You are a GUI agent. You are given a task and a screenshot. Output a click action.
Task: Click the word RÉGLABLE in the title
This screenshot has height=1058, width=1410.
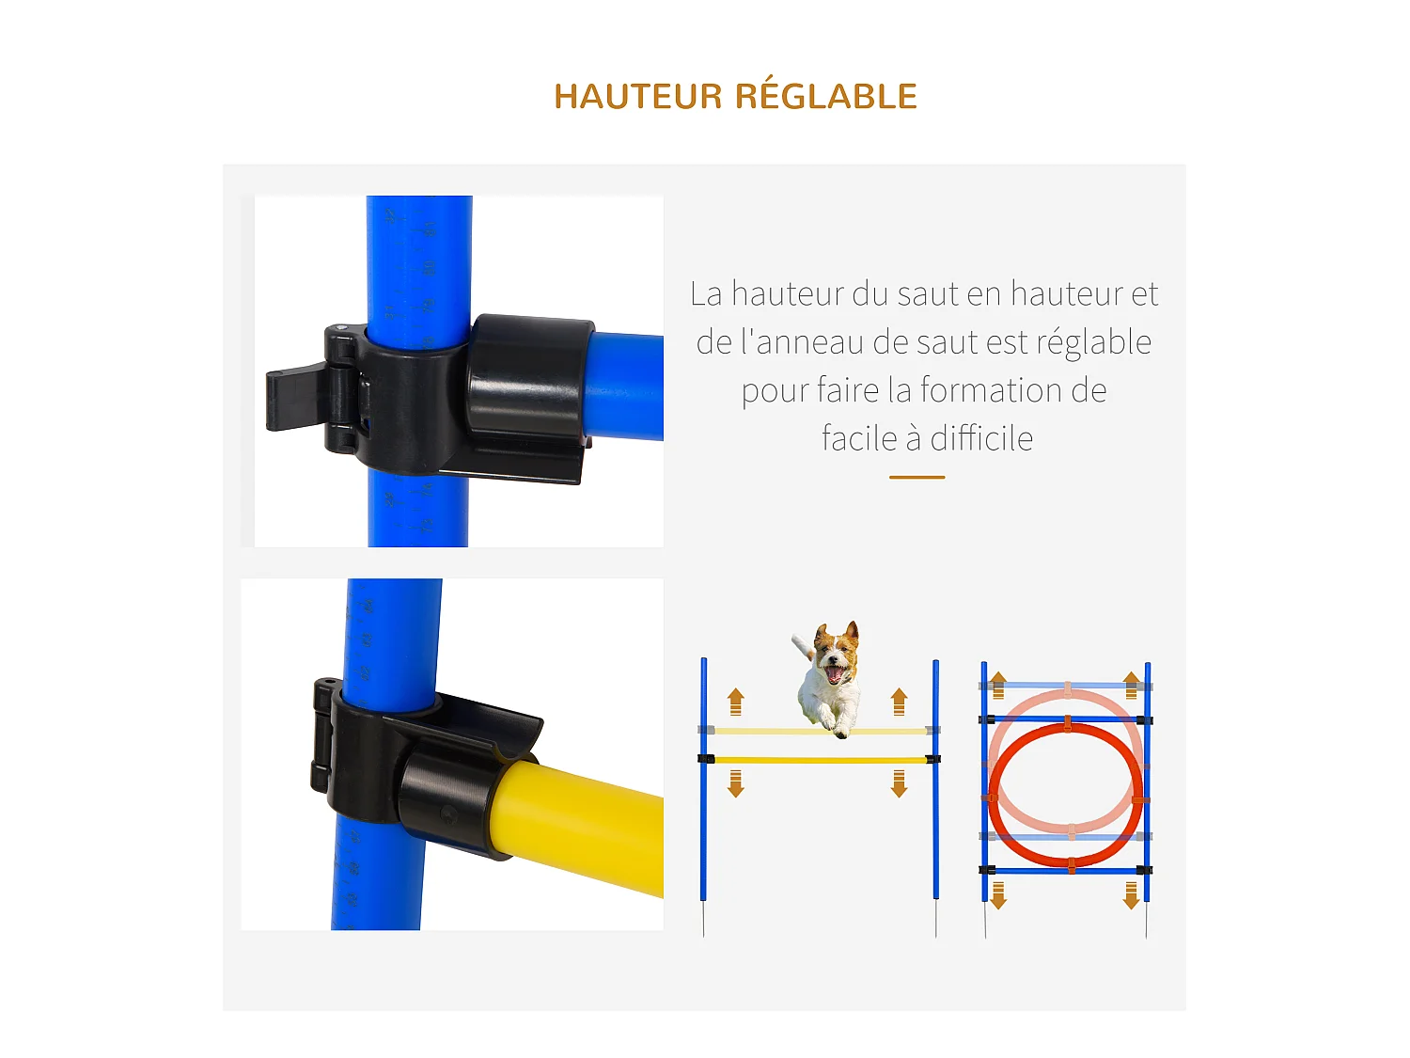click(x=825, y=96)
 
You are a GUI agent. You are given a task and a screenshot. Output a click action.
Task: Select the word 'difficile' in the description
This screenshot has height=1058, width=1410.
click(x=981, y=439)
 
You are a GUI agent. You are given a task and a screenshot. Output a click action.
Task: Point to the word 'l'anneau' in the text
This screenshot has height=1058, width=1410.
click(x=802, y=342)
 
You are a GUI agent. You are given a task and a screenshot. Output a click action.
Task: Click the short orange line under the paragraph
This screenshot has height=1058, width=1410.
click(x=916, y=478)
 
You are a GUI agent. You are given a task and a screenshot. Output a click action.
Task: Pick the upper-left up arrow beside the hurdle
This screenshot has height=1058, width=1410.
click(x=736, y=702)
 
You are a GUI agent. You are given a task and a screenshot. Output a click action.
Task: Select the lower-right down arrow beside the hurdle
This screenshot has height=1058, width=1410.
click(x=900, y=783)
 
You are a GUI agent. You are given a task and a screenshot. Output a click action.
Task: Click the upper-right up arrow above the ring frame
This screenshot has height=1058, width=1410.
click(x=1132, y=684)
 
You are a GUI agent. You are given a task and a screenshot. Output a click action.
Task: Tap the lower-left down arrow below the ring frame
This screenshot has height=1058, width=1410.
click(x=998, y=895)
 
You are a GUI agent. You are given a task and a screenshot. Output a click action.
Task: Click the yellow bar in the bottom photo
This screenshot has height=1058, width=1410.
click(x=583, y=828)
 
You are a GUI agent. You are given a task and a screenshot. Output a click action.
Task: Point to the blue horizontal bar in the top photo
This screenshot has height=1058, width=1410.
click(x=625, y=386)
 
